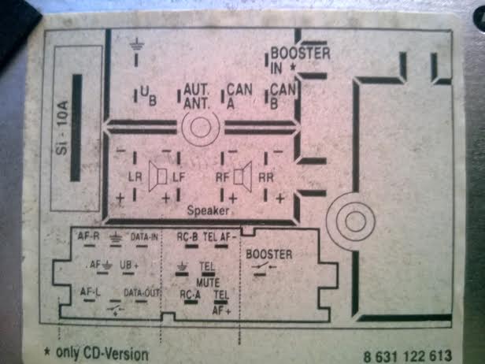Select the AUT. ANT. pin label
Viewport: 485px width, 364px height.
click(x=194, y=97)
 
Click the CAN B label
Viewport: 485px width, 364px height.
click(x=283, y=96)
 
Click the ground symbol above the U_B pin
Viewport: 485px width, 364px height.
click(x=138, y=44)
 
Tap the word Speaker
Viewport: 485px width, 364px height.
click(x=208, y=211)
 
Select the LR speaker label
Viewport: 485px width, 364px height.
click(x=135, y=178)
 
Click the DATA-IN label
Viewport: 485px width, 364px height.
click(x=145, y=236)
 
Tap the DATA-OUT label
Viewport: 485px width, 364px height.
click(x=143, y=292)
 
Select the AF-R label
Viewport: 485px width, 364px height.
click(x=88, y=236)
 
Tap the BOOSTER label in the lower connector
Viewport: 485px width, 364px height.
click(x=269, y=254)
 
